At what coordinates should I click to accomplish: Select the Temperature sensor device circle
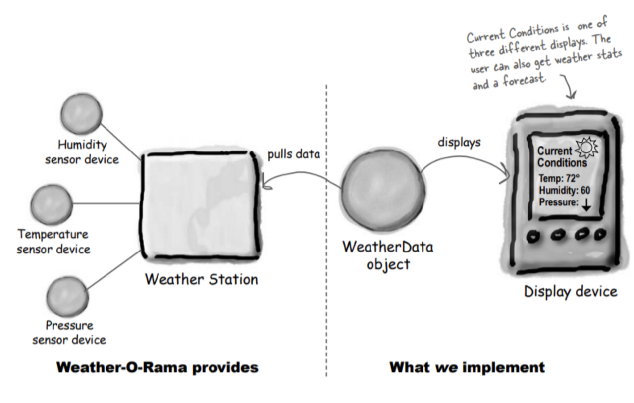click(x=52, y=204)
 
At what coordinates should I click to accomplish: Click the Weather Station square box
click(x=201, y=204)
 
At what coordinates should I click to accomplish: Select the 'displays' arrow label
click(x=459, y=142)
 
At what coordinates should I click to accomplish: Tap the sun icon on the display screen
click(x=586, y=147)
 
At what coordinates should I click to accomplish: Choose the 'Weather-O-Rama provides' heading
click(x=158, y=368)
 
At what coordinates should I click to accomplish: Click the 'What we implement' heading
click(x=467, y=368)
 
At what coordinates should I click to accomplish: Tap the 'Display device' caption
click(x=571, y=291)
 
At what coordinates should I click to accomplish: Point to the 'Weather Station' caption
click(x=201, y=279)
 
